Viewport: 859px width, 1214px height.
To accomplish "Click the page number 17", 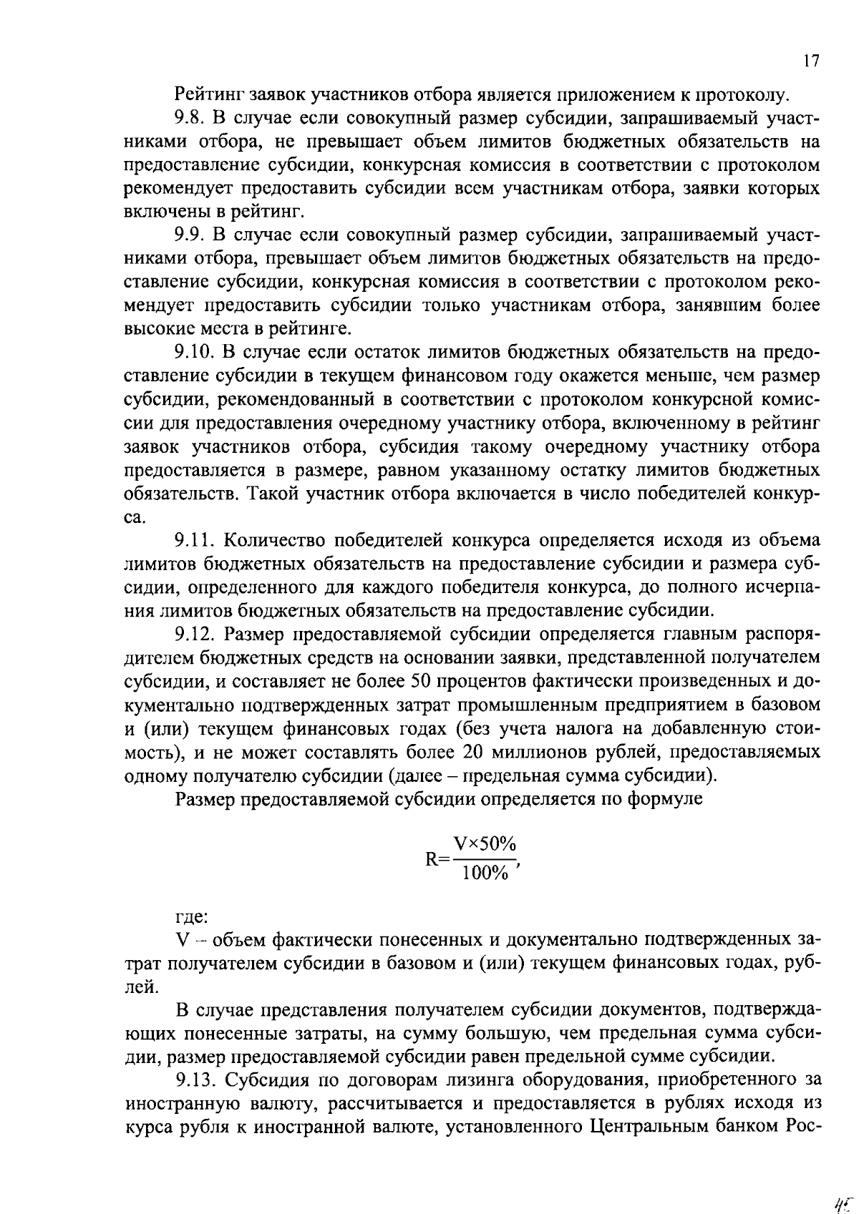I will [x=810, y=61].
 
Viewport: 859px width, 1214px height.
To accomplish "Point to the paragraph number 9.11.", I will [x=194, y=540].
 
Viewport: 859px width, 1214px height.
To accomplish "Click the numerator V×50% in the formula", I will [x=485, y=844].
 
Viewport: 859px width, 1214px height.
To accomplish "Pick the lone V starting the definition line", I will [x=181, y=940].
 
